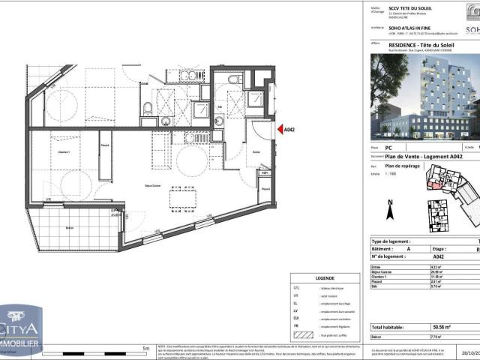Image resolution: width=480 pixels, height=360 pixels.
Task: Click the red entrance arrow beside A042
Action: pos(278,130)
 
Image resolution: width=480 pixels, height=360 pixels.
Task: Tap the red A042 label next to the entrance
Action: pos(289,130)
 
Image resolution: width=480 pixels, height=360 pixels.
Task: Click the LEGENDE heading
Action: pos(326,277)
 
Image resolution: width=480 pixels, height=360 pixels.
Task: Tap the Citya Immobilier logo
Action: pos(20,331)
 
